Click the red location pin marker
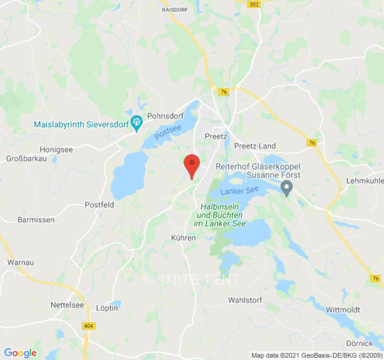click(x=192, y=165)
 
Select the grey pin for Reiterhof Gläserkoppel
click(x=286, y=187)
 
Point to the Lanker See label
click(x=239, y=190)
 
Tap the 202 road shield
click(x=253, y=3)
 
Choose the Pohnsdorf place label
click(x=164, y=115)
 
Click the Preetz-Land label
click(x=255, y=146)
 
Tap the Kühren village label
click(x=184, y=237)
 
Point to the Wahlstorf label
click(x=245, y=300)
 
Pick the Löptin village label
click(x=107, y=308)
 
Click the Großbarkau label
click(x=24, y=159)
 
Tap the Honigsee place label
click(x=56, y=149)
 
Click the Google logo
click(x=20, y=353)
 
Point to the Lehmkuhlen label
click(x=365, y=180)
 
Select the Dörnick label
click(x=360, y=343)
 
